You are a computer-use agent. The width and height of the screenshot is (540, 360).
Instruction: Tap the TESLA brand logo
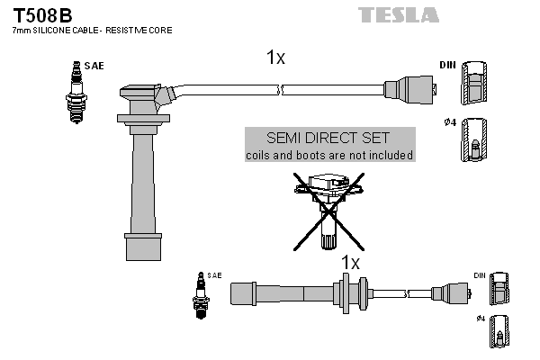click(x=398, y=14)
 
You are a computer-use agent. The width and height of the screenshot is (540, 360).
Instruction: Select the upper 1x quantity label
click(x=275, y=58)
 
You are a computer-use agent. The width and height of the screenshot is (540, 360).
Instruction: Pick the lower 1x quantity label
click(x=349, y=263)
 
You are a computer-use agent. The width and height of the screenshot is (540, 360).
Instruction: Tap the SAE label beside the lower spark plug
click(x=214, y=274)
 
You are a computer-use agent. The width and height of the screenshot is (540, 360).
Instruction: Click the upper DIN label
click(x=447, y=66)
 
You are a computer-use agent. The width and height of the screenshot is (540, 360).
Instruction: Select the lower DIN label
click(x=479, y=274)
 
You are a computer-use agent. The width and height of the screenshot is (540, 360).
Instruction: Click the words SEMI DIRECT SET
click(x=328, y=138)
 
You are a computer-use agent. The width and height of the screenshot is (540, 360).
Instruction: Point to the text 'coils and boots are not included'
click(x=329, y=155)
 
